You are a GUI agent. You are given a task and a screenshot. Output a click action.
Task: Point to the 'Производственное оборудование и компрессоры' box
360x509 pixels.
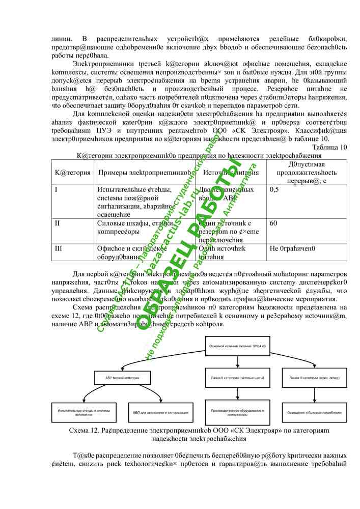237,412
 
